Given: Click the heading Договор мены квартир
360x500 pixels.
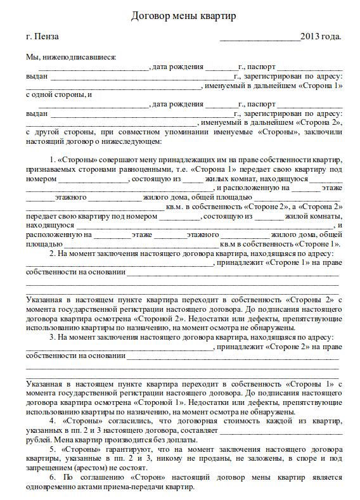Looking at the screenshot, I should [183, 16].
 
